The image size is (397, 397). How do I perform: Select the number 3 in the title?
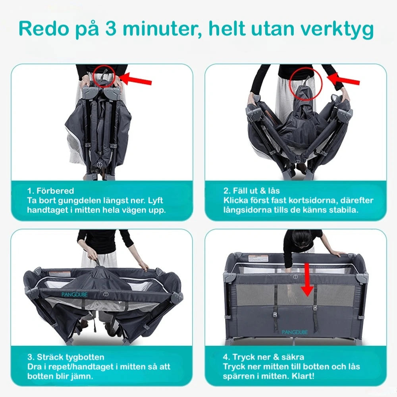111,29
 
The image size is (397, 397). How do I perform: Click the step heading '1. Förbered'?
50,191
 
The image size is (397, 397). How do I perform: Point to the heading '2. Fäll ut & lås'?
251,191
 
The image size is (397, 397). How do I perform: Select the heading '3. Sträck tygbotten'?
66,357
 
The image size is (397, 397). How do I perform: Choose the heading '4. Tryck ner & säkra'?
263,357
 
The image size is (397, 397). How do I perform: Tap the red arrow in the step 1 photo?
135,79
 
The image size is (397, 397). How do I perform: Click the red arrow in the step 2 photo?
343,79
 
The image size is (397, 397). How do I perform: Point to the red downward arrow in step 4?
307,279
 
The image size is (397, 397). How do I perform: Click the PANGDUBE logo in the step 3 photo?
75,295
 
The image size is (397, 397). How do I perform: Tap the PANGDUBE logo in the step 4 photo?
295,332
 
